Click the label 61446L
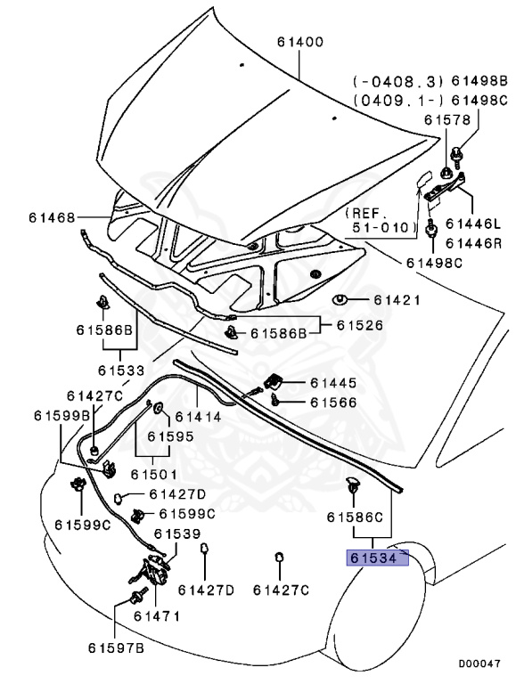[x=473, y=224]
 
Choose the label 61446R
[x=473, y=243]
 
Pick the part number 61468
[x=50, y=217]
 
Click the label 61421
[x=397, y=300]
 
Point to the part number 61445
[x=333, y=383]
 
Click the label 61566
[x=333, y=403]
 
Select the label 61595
[x=170, y=436]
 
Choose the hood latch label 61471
[x=157, y=615]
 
